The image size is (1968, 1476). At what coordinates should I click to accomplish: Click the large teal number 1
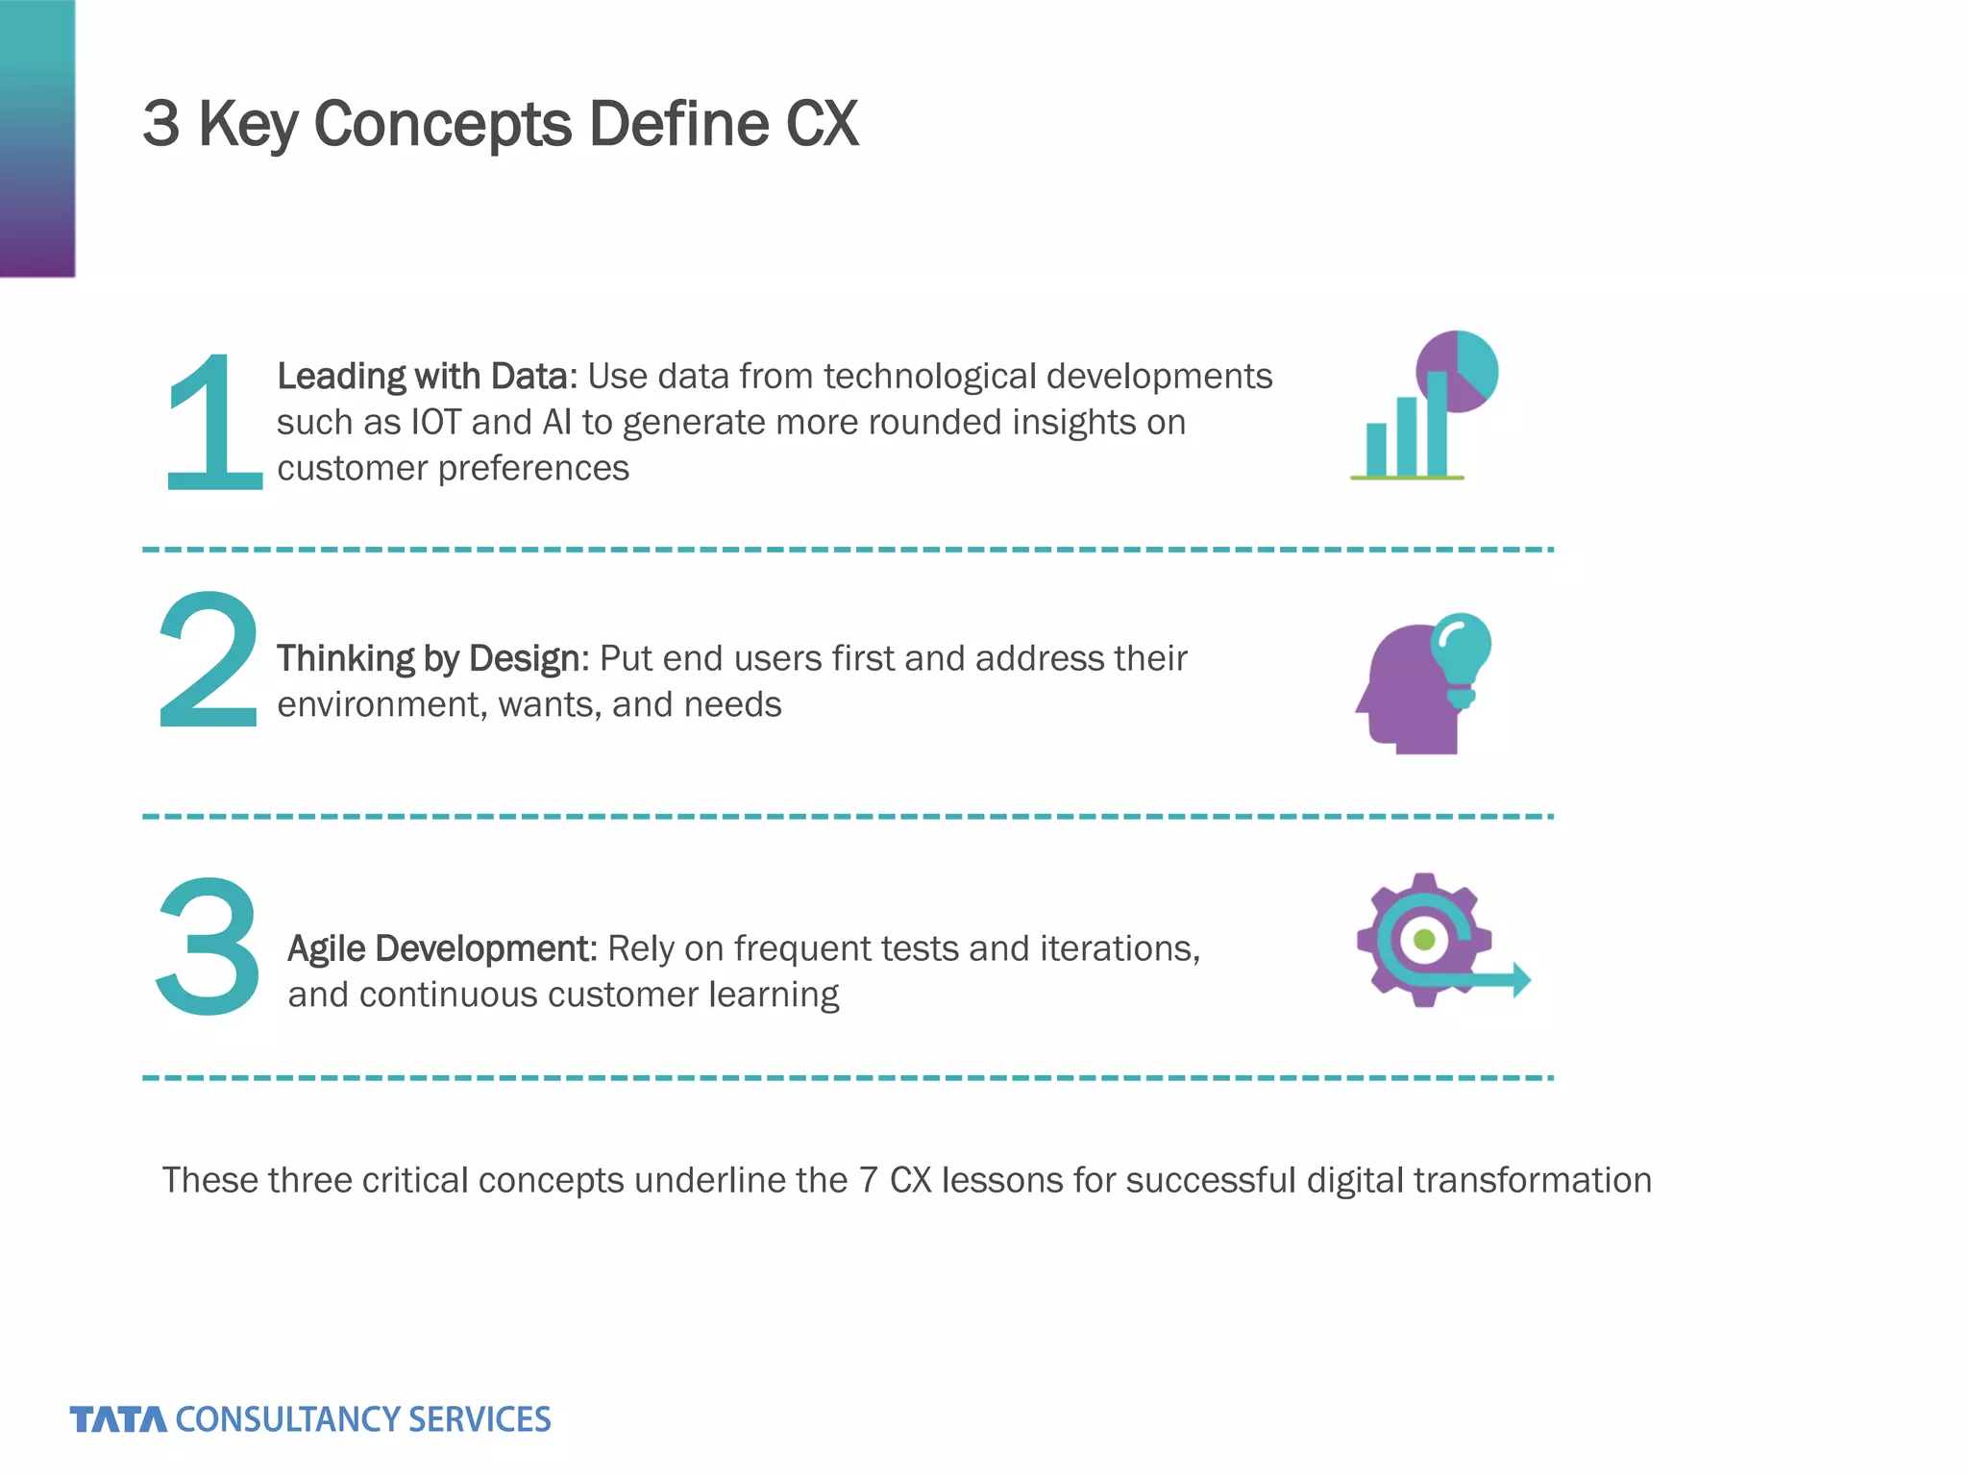click(x=213, y=423)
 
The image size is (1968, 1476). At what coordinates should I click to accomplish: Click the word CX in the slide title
click(x=822, y=124)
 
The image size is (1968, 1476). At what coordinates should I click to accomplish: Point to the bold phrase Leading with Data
click(x=427, y=376)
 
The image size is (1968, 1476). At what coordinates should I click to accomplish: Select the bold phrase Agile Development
click(x=442, y=948)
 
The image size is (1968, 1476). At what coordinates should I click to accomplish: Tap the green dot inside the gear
click(x=1425, y=939)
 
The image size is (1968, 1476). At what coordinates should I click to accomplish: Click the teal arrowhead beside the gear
click(x=1520, y=980)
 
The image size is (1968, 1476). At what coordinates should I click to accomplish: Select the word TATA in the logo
click(x=117, y=1419)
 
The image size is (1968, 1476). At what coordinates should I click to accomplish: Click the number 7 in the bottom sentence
click(x=869, y=1180)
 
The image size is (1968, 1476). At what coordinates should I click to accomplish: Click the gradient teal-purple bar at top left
click(x=37, y=137)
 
